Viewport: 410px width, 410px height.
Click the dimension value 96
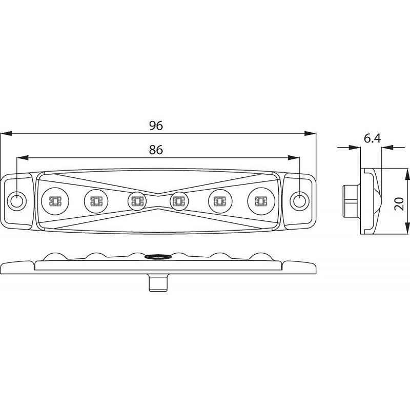point(156,126)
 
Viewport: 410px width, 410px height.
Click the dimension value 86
point(156,150)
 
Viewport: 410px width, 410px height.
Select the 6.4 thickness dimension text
point(373,138)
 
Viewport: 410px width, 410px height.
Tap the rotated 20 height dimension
point(399,204)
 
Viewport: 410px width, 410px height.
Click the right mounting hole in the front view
point(300,201)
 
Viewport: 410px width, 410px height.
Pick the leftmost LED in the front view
point(55,201)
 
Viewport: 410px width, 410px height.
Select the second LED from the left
point(96,201)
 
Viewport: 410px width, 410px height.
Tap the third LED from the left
point(137,201)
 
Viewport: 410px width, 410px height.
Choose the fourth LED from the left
point(179,201)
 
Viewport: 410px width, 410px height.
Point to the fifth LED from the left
point(220,201)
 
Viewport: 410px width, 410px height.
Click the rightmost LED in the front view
point(261,201)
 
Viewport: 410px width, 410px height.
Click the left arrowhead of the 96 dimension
point(6,134)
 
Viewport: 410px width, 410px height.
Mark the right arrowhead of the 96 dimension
point(310,134)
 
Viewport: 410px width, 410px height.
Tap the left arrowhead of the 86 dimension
point(23,158)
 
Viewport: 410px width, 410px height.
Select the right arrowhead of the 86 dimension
point(294,158)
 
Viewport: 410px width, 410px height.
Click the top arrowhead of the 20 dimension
point(407,174)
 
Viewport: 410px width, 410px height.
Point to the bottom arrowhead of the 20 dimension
point(407,229)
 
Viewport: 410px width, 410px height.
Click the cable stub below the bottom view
point(158,282)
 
